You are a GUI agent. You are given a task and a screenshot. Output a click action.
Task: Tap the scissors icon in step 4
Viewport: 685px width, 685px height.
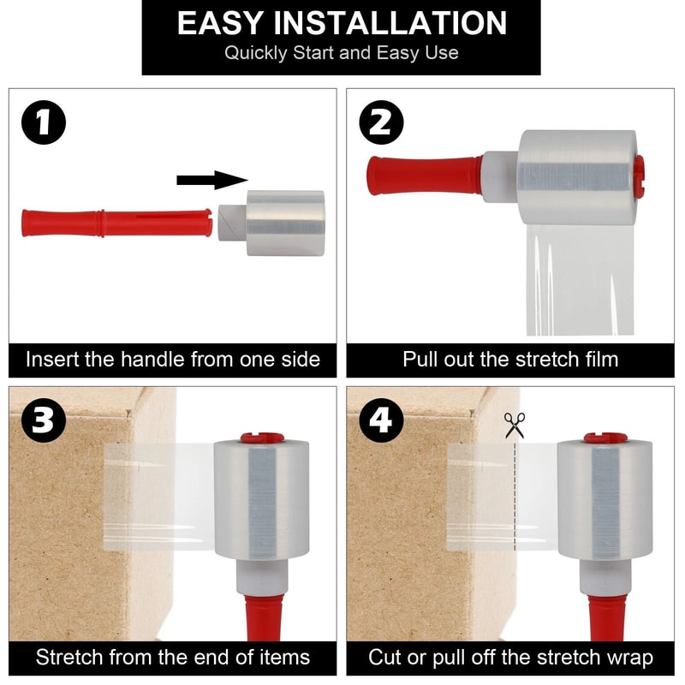click(x=515, y=425)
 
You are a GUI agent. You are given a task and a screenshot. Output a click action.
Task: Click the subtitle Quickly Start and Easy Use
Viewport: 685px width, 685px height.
click(x=341, y=53)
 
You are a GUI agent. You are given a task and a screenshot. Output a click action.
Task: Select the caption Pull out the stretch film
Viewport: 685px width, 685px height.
click(x=510, y=359)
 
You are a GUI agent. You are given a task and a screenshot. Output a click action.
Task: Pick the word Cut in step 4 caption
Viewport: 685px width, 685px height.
click(x=385, y=658)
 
